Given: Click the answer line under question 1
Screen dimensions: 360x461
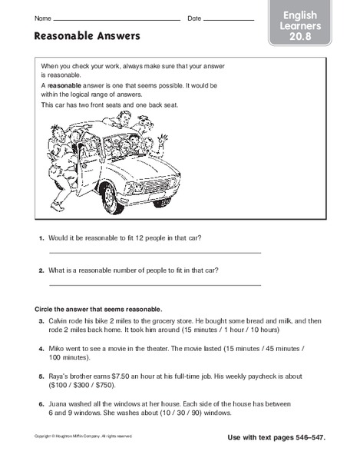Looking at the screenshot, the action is tap(154, 252).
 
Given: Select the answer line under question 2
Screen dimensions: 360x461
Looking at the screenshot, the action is tap(154, 285).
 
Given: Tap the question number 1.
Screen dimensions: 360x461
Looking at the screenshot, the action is tap(41, 239).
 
